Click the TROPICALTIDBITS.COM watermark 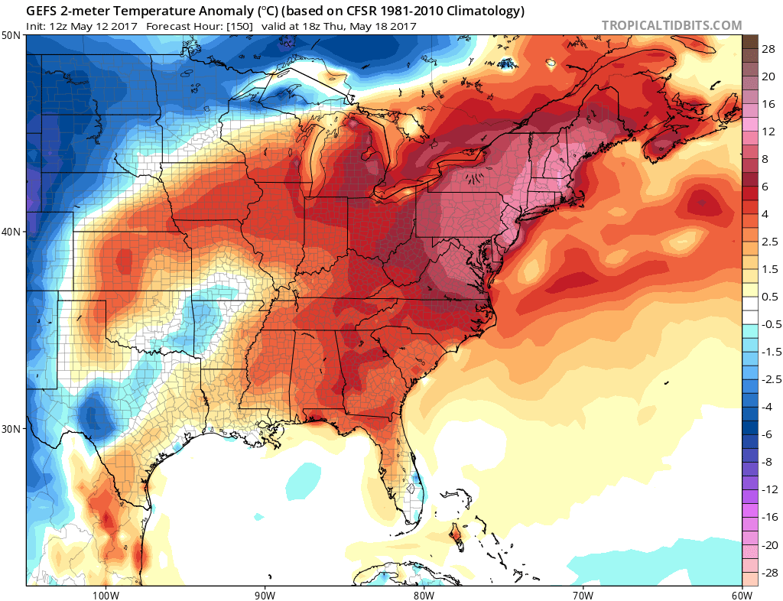pos(671,25)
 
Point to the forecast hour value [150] pos(238,26)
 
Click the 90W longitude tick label pos(265,594)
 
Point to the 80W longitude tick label pos(424,594)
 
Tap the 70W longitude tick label pos(583,594)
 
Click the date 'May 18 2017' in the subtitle pos(382,26)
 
